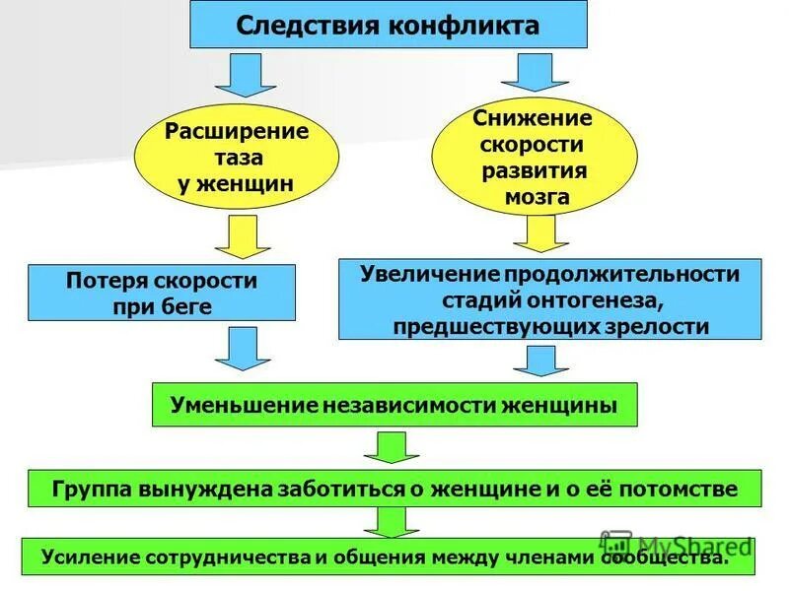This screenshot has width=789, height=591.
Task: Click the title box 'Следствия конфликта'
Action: point(388,25)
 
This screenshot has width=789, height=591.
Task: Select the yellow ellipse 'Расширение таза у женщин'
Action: point(236,157)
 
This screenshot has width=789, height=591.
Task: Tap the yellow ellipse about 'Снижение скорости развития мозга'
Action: point(534,157)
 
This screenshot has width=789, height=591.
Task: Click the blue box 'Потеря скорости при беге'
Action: point(162,293)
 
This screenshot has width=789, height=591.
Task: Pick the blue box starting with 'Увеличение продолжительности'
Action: point(550,298)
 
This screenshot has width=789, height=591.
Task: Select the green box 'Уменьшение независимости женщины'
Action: point(394,405)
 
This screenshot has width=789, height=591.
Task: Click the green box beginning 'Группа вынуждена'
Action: point(394,489)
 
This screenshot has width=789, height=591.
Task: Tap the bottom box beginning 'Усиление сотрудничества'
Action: point(387,557)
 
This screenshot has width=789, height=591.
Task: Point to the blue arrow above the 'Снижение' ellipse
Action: point(532,72)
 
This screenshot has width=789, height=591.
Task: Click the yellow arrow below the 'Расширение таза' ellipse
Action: point(241,237)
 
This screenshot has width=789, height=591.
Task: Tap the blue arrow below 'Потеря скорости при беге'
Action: point(242,349)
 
